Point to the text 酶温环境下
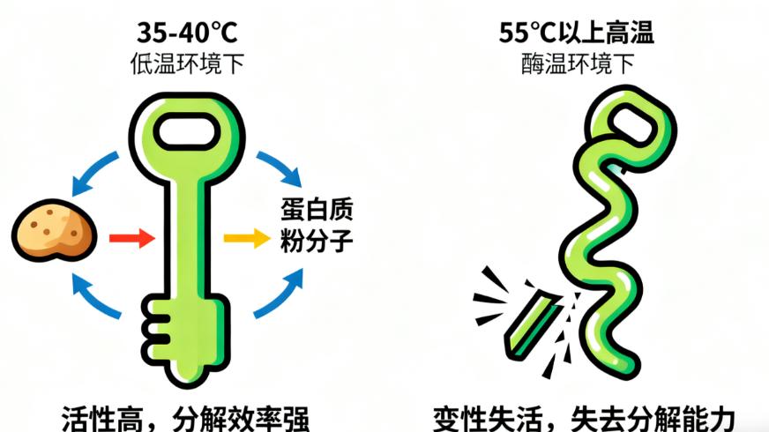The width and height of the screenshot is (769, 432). [577, 63]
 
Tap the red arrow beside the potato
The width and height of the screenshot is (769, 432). [131, 236]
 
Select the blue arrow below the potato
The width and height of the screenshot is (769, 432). [95, 294]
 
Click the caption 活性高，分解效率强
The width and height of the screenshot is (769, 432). [186, 415]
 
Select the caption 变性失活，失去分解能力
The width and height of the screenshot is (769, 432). [584, 415]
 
